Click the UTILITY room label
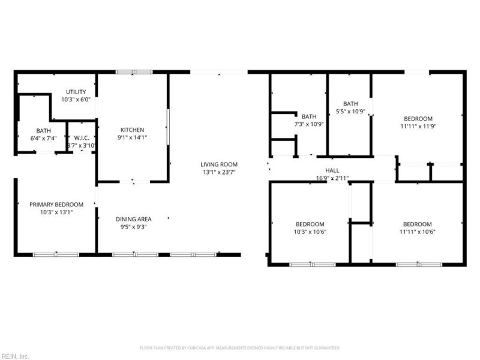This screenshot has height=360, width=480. click(x=76, y=92)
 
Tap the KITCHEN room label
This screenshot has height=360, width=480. click(x=132, y=130)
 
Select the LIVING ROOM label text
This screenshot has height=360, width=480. click(x=219, y=164)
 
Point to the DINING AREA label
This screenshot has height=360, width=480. click(x=133, y=219)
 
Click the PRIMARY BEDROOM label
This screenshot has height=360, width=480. click(x=56, y=205)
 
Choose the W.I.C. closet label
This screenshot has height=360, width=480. click(x=81, y=137)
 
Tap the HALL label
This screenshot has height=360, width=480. click(x=332, y=170)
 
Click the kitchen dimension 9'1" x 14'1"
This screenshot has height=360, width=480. click(x=132, y=137)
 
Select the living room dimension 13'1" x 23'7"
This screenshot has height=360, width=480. click(x=219, y=172)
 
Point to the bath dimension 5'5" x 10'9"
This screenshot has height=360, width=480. click(x=350, y=111)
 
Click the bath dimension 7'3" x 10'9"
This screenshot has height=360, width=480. click(x=309, y=124)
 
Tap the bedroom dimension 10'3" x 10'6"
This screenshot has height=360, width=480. click(x=310, y=232)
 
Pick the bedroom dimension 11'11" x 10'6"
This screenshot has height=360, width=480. click(x=417, y=232)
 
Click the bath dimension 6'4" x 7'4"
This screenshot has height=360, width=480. click(x=43, y=138)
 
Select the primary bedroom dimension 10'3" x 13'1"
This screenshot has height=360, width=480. click(x=56, y=212)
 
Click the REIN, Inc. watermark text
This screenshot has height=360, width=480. click(x=16, y=356)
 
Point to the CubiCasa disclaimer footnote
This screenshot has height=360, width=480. click(x=240, y=347)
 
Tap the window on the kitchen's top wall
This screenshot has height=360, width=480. click(x=134, y=73)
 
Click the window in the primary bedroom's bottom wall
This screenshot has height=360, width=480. click(x=55, y=254)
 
